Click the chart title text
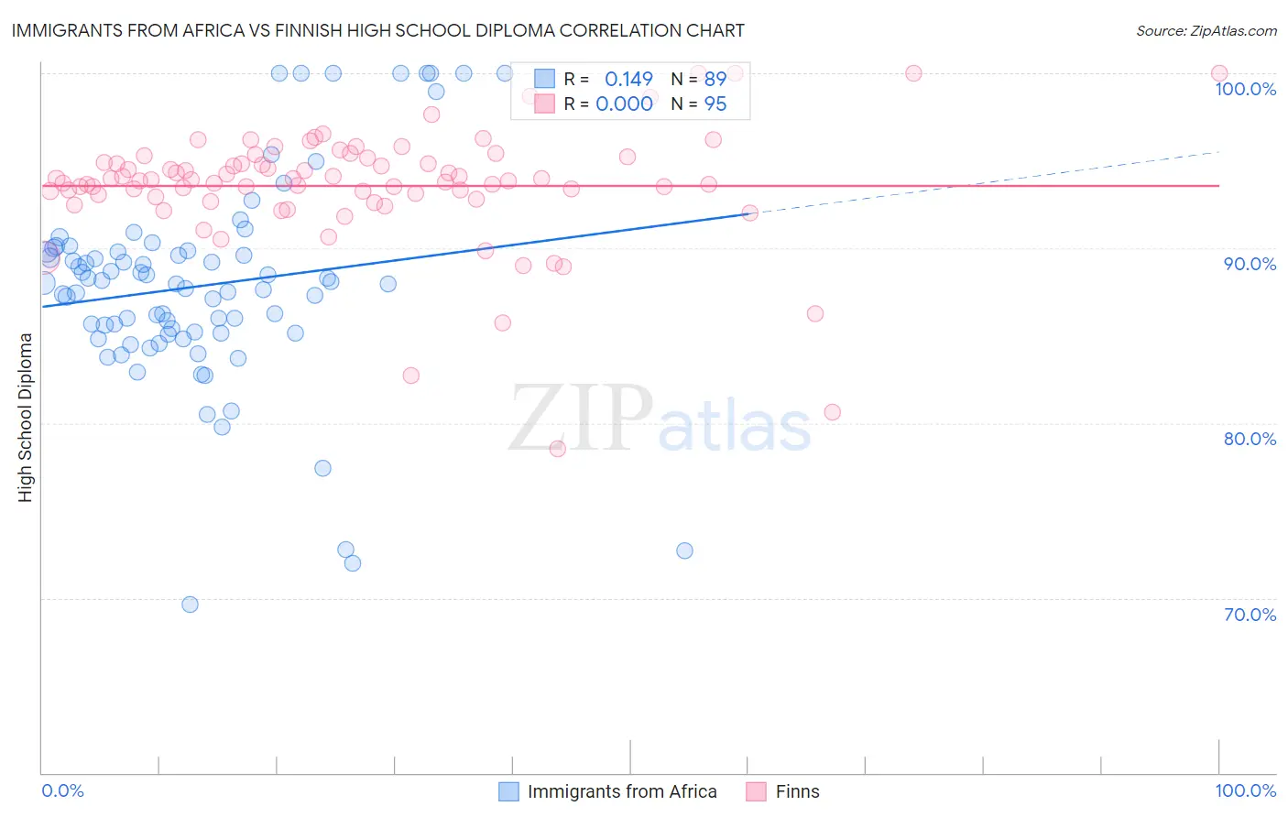377,30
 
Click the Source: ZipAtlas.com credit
1206,31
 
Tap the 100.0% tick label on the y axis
1245,89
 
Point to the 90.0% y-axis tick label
1250,264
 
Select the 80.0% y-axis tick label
1250,439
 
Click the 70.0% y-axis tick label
1250,615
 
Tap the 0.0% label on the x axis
62,790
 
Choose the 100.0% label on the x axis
1245,790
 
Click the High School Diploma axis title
26,417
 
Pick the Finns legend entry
797,791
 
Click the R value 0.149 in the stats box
628,80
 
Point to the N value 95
715,104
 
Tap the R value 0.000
624,104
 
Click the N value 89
715,80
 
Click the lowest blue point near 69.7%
190,605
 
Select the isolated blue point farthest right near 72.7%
684,550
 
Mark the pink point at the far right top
1219,73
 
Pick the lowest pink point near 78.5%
557,449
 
